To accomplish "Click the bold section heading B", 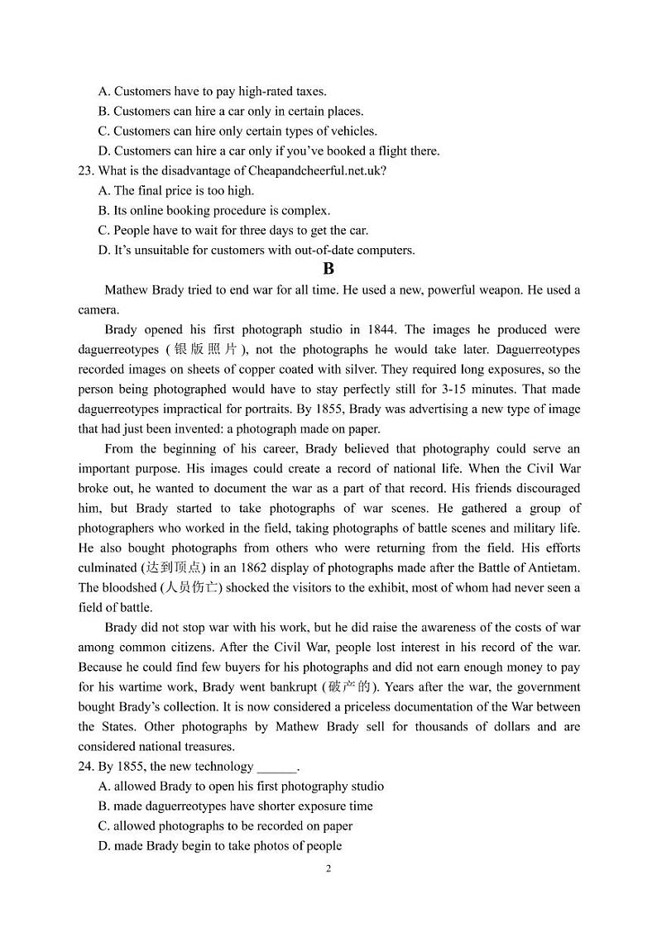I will (x=328, y=269).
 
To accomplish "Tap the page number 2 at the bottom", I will (x=328, y=868).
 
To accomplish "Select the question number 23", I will (x=85, y=170).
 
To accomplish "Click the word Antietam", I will (x=554, y=567).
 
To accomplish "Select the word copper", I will (x=295, y=369).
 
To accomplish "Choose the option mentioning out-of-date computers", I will (x=256, y=250).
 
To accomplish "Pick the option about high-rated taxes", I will (x=212, y=91).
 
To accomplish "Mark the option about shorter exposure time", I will (x=235, y=806).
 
